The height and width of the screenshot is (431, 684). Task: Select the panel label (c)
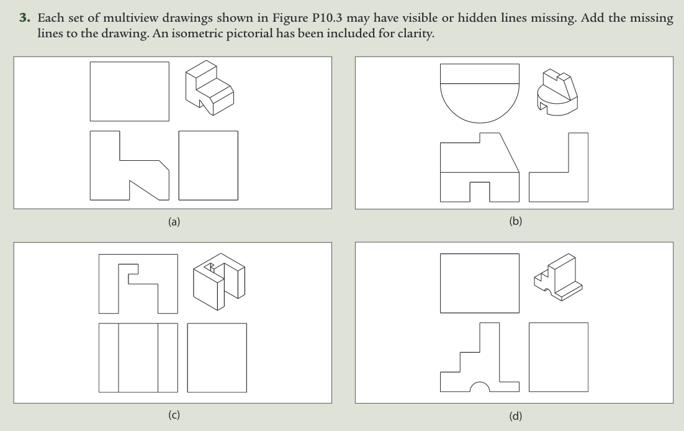(174, 415)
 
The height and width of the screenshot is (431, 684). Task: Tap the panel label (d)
(515, 415)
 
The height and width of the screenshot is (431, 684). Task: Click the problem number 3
(24, 19)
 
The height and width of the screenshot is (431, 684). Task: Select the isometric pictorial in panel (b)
(556, 92)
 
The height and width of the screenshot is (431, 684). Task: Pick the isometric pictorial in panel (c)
(218, 284)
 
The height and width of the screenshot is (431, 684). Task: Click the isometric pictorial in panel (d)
(557, 277)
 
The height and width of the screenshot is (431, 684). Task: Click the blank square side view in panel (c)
(217, 357)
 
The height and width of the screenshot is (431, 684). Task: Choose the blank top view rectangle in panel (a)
(129, 91)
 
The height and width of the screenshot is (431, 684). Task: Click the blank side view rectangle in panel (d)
(558, 357)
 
